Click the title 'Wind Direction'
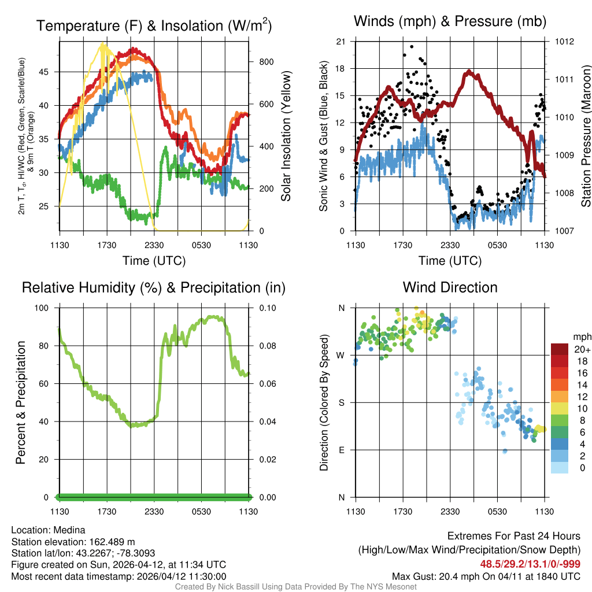point(450,287)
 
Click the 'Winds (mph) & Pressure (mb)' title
point(450,21)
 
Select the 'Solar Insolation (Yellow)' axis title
point(286,136)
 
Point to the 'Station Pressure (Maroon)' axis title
point(585,136)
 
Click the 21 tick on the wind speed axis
point(341,42)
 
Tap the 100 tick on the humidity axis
point(46,308)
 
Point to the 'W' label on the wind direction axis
point(341,355)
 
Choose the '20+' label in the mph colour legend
point(582,349)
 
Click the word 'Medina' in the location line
point(70,530)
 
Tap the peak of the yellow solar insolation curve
point(103,43)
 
